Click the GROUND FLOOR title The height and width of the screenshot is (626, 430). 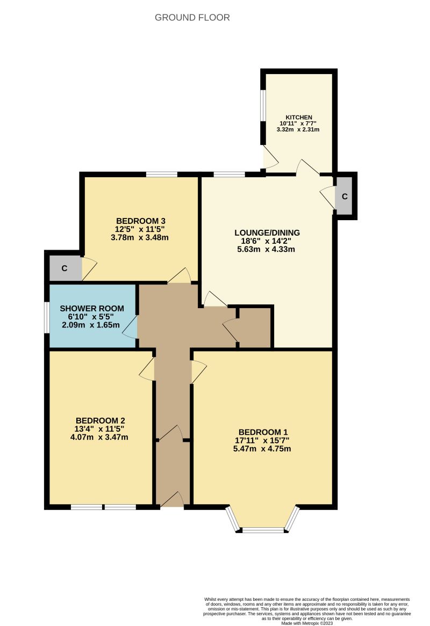click(x=192, y=18)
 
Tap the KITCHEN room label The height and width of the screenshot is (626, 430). click(x=299, y=118)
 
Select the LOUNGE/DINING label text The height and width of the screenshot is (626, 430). click(x=267, y=232)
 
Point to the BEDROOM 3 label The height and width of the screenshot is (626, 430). click(x=140, y=221)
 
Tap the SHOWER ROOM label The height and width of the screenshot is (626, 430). click(x=92, y=308)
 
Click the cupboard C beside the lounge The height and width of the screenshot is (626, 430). click(x=345, y=196)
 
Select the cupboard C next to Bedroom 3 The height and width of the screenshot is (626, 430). click(x=64, y=268)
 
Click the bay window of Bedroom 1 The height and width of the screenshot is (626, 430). click(x=262, y=529)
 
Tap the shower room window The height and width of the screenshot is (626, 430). click(x=47, y=317)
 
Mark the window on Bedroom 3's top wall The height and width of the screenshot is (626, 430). click(x=162, y=174)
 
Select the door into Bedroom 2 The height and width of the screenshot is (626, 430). click(x=147, y=369)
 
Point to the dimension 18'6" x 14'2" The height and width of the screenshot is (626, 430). click(x=267, y=241)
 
